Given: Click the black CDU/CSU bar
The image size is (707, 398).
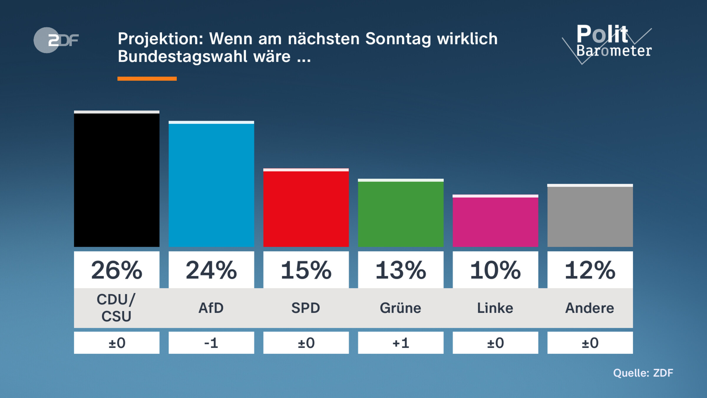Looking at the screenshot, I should (x=117, y=180).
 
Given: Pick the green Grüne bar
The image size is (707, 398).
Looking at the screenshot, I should (x=401, y=214).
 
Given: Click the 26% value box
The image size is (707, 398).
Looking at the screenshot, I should (x=117, y=270).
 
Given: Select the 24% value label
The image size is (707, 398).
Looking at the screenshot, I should (x=211, y=270).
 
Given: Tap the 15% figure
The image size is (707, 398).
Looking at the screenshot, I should (x=306, y=270).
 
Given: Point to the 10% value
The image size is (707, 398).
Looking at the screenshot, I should (x=495, y=270).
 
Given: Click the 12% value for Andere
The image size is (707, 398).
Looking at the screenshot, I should (x=590, y=270).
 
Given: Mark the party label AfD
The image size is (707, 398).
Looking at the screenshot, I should (x=211, y=308).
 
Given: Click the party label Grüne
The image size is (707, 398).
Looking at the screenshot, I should (x=401, y=308).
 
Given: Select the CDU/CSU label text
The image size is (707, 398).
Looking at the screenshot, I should (x=117, y=308).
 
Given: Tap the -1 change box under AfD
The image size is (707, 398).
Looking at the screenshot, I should (x=211, y=343).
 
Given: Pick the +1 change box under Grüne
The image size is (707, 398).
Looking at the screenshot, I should (x=401, y=343).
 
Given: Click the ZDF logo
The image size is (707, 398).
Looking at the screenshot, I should (x=56, y=40).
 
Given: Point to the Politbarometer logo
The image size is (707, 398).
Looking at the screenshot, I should (x=610, y=43).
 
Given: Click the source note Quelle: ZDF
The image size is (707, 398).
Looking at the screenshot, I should (x=643, y=373).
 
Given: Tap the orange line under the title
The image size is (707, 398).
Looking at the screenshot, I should (x=147, y=79).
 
